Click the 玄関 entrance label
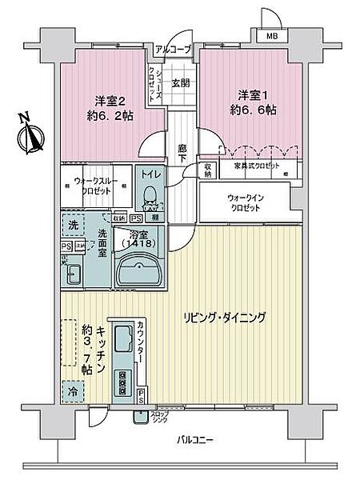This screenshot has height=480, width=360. coord(180,82)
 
